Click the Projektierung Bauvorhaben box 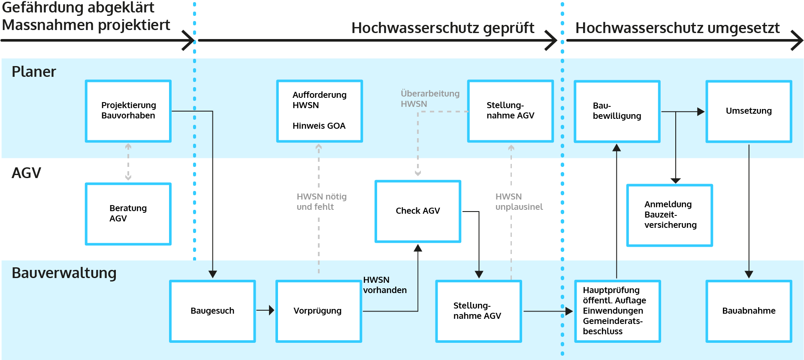128,111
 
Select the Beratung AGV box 128,214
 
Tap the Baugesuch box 212,311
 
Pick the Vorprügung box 319,311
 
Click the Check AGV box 418,211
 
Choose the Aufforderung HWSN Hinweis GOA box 320,111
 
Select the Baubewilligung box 617,111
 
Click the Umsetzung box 749,111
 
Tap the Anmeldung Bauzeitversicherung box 669,215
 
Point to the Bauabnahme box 749,311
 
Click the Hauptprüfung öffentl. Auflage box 617,311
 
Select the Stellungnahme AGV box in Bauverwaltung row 478,311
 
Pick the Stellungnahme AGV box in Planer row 511,111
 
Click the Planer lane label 34,72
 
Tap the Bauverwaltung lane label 64,273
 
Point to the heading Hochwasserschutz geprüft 442,28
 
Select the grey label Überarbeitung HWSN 429,99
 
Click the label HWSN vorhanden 384,285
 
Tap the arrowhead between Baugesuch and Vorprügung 271,310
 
